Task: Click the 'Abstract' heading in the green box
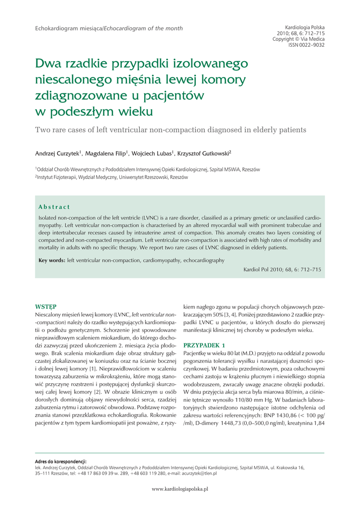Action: [54, 207]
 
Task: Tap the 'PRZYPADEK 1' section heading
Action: [204, 345]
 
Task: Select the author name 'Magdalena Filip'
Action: [105, 153]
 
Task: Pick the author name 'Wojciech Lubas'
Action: [152, 153]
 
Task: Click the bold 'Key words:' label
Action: [52, 260]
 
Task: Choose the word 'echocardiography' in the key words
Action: [203, 260]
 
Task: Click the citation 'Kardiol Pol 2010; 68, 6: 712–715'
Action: [282, 269]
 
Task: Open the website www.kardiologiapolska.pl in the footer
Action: [180, 489]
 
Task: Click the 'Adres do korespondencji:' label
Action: [61, 461]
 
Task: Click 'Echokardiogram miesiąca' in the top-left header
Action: [68, 28]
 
